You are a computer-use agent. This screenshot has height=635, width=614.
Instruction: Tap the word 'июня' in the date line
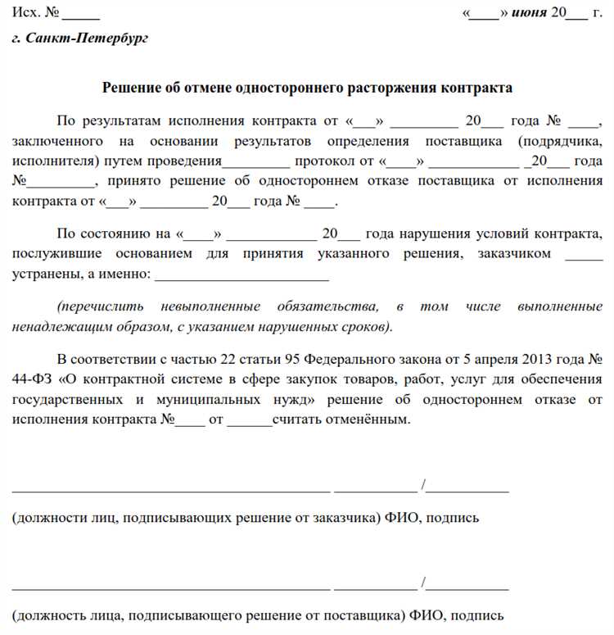pyautogui.click(x=530, y=14)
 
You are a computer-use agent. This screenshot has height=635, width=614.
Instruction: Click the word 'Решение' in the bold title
pyautogui.click(x=129, y=87)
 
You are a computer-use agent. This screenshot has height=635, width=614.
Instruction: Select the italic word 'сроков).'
pyautogui.click(x=366, y=327)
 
